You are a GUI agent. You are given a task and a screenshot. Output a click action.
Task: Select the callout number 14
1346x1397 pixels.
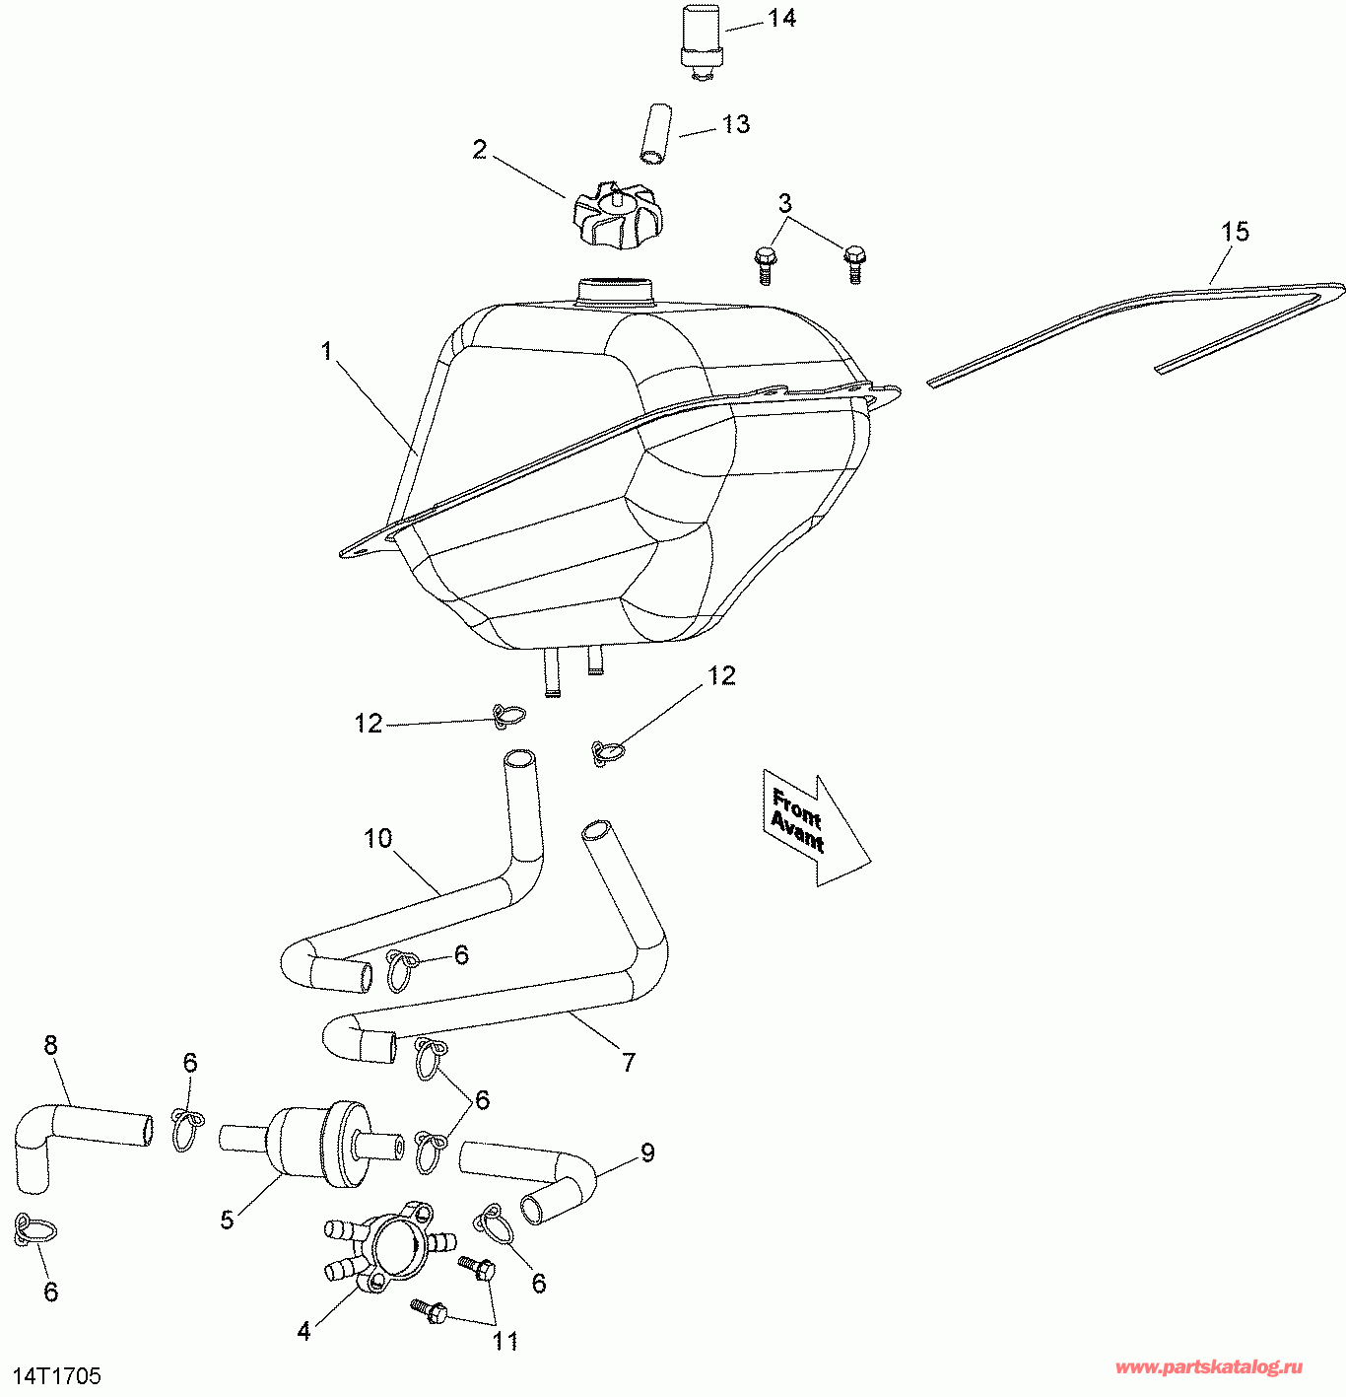point(782,18)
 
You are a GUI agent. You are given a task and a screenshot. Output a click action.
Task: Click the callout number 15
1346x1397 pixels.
point(1235,232)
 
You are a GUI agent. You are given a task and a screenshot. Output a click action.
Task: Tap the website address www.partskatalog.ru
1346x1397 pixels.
point(1209,1367)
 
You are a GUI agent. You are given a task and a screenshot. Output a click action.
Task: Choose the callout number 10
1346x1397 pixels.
point(378,839)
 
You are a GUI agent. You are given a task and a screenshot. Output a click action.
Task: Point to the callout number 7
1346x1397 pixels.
point(629,1062)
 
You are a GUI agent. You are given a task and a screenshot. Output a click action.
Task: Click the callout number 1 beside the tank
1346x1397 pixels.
point(327,351)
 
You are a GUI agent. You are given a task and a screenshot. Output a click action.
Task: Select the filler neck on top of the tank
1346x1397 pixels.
point(616,292)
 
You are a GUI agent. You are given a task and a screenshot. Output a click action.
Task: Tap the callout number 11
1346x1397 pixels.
point(505,1341)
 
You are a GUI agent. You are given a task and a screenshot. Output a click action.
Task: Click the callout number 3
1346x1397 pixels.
point(784,203)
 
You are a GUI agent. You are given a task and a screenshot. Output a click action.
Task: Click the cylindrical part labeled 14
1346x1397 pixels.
point(701,35)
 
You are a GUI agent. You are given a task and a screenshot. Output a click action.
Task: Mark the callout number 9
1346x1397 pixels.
point(647,1152)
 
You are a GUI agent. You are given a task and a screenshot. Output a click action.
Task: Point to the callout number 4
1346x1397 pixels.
point(304,1331)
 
